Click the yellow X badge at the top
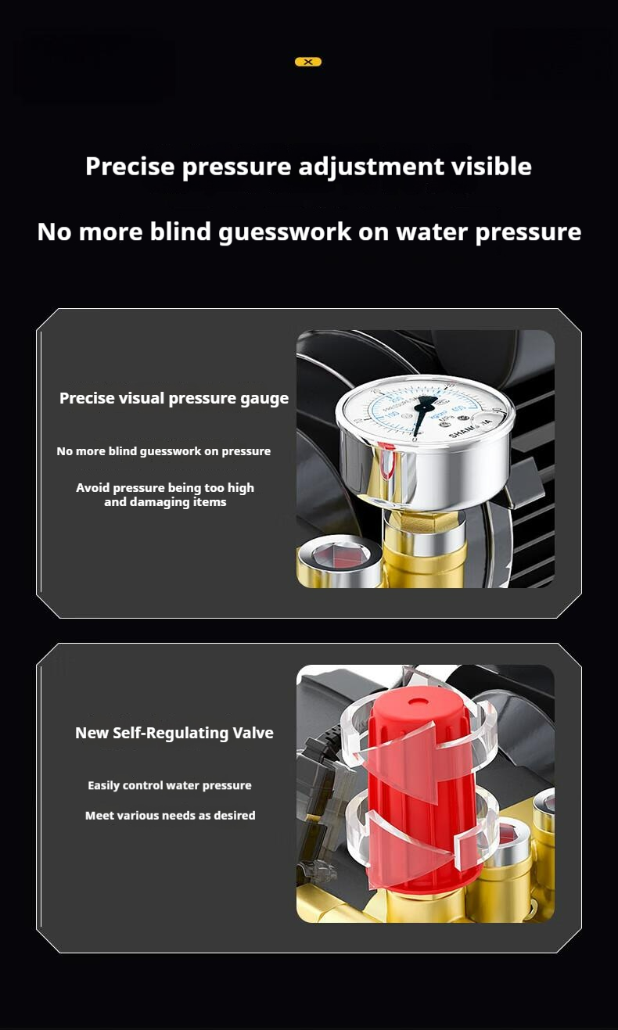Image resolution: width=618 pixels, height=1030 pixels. tap(308, 62)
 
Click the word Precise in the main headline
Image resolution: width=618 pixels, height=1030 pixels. tap(130, 166)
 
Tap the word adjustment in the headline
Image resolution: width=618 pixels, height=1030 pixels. tap(371, 167)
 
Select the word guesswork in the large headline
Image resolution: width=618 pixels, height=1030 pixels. tap(285, 231)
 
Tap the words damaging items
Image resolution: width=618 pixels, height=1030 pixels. tap(165, 502)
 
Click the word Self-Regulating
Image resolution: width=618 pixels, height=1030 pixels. tap(170, 733)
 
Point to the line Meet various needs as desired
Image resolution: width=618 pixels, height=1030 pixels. tap(170, 815)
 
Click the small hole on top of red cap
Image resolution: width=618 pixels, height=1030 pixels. tap(417, 702)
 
